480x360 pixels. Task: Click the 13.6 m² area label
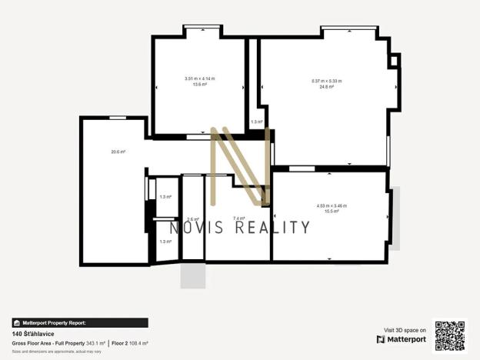point(200,84)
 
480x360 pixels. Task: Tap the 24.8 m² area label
point(327,86)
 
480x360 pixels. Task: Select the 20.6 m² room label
point(118,152)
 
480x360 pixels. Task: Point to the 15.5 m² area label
point(332,211)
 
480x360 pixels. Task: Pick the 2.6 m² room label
point(193,219)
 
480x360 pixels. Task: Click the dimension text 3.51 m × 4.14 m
point(200,78)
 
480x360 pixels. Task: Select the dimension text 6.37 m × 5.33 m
point(327,81)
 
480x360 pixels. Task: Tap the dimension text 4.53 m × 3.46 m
point(332,205)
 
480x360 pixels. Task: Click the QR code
point(450,335)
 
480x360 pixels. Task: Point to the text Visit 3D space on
point(405,329)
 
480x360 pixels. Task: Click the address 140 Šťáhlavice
point(32,335)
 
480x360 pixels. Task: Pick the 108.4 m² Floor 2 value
point(138,343)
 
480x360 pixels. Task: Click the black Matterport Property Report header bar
point(80,323)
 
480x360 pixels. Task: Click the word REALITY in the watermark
point(272,227)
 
